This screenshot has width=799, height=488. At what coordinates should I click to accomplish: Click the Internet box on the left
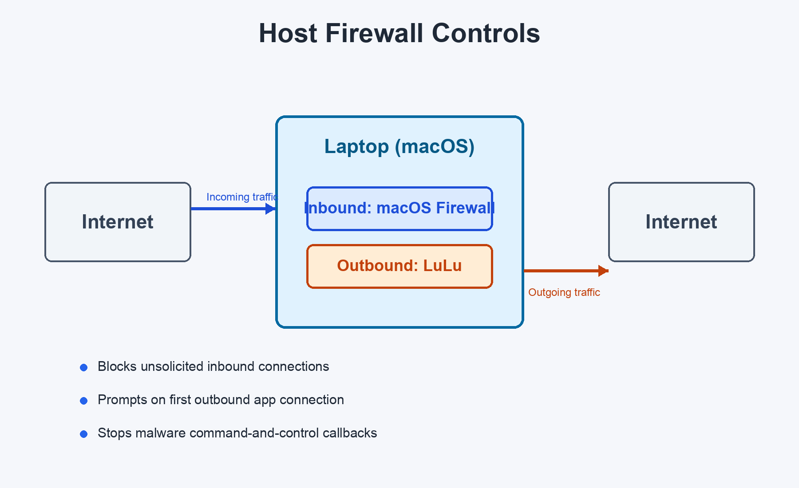click(x=118, y=222)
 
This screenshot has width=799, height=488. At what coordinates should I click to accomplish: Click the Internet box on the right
click(x=681, y=222)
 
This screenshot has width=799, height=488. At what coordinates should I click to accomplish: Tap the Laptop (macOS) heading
click(x=399, y=146)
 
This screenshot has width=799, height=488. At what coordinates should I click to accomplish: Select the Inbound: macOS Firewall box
click(x=399, y=209)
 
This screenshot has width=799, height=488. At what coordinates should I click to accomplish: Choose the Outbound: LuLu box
click(x=399, y=266)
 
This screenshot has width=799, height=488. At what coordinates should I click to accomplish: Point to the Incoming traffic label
click(x=242, y=197)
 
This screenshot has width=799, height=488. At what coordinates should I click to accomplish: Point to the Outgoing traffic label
click(x=564, y=292)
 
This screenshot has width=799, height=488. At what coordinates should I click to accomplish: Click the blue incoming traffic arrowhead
click(x=270, y=209)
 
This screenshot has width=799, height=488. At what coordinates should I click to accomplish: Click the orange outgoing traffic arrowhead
click(x=603, y=271)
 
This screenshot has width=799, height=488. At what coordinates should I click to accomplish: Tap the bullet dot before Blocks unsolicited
click(x=83, y=367)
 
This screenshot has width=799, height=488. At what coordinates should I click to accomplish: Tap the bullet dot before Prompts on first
click(x=83, y=401)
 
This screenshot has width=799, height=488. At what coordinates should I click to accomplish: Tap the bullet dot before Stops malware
click(x=83, y=434)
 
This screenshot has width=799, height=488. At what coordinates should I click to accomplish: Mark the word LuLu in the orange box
click(x=442, y=266)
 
